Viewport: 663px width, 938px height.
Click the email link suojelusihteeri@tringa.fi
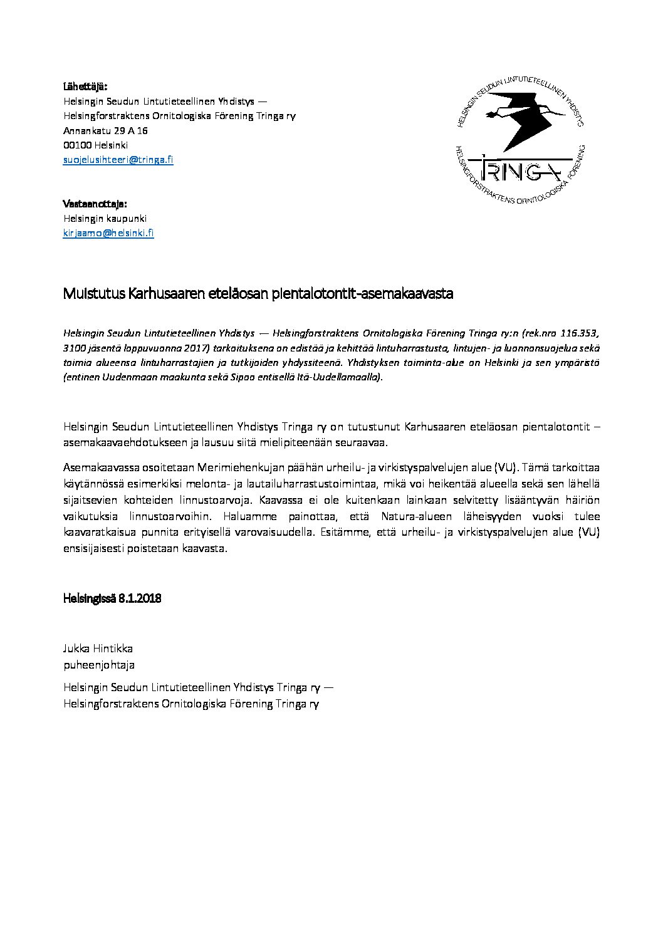point(118,160)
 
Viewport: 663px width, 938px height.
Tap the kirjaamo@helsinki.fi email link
point(108,234)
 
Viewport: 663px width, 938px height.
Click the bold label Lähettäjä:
point(85,86)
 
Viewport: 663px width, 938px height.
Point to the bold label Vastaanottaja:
point(95,204)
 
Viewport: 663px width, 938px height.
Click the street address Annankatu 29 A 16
point(105,131)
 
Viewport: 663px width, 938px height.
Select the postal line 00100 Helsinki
point(95,145)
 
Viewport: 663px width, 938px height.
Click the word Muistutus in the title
point(94,294)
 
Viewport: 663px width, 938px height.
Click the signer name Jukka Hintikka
point(98,649)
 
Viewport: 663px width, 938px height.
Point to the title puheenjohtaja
point(99,665)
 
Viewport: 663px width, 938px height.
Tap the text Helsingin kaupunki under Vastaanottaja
point(105,219)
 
